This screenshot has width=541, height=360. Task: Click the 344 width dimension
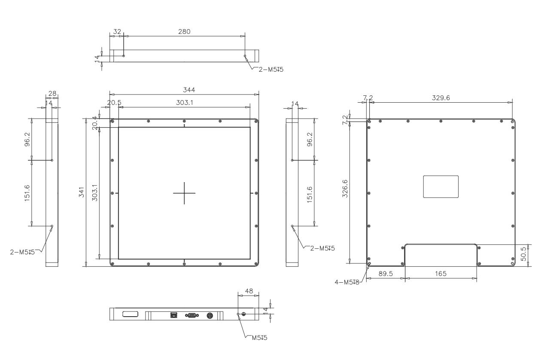189,90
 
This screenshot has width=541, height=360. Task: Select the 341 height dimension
82,192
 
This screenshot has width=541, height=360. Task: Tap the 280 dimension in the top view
184,32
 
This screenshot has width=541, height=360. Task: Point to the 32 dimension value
117,32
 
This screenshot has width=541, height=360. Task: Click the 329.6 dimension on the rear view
441,98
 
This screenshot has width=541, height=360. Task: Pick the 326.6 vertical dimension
345,189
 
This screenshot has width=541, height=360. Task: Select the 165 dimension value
441,274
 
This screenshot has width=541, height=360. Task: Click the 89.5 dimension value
386,274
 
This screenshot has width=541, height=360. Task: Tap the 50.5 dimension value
523,254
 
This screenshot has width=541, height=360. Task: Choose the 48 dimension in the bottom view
249,291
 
